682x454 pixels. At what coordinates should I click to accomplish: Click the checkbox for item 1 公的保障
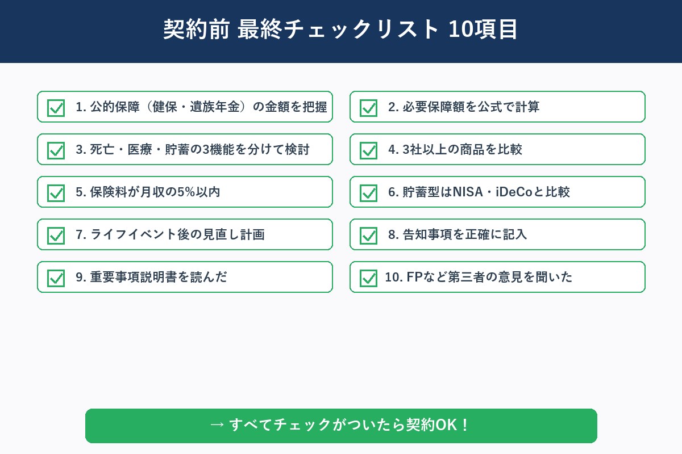[56, 108]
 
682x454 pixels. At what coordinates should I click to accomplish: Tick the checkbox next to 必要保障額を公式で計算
[368, 108]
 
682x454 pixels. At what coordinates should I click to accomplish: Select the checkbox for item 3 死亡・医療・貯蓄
[56, 150]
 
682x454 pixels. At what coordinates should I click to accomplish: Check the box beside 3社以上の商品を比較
[368, 150]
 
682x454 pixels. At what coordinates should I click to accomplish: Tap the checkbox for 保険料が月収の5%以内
[56, 193]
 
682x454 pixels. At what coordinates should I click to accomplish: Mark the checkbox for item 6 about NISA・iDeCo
[368, 193]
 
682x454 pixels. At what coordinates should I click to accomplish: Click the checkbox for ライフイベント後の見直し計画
[56, 236]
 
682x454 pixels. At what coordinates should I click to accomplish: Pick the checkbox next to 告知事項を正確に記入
[368, 236]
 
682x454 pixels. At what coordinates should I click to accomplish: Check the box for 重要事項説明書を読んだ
[56, 278]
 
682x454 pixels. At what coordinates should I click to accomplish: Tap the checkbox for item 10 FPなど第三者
[368, 278]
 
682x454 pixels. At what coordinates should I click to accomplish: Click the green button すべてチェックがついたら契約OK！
[341, 426]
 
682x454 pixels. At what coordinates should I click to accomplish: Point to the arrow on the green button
[217, 425]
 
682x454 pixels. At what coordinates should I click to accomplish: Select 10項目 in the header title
[483, 30]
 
